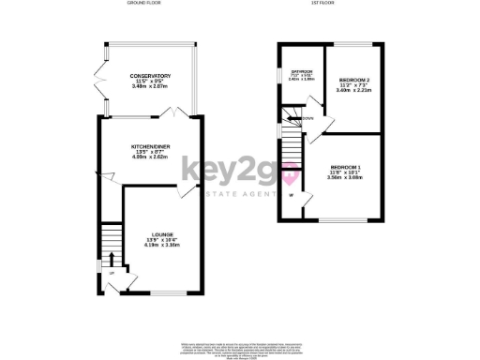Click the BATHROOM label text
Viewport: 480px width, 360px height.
click(x=300, y=71)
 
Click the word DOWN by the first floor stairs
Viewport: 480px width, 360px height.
click(x=308, y=119)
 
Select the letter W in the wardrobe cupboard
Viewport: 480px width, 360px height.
click(x=291, y=195)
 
